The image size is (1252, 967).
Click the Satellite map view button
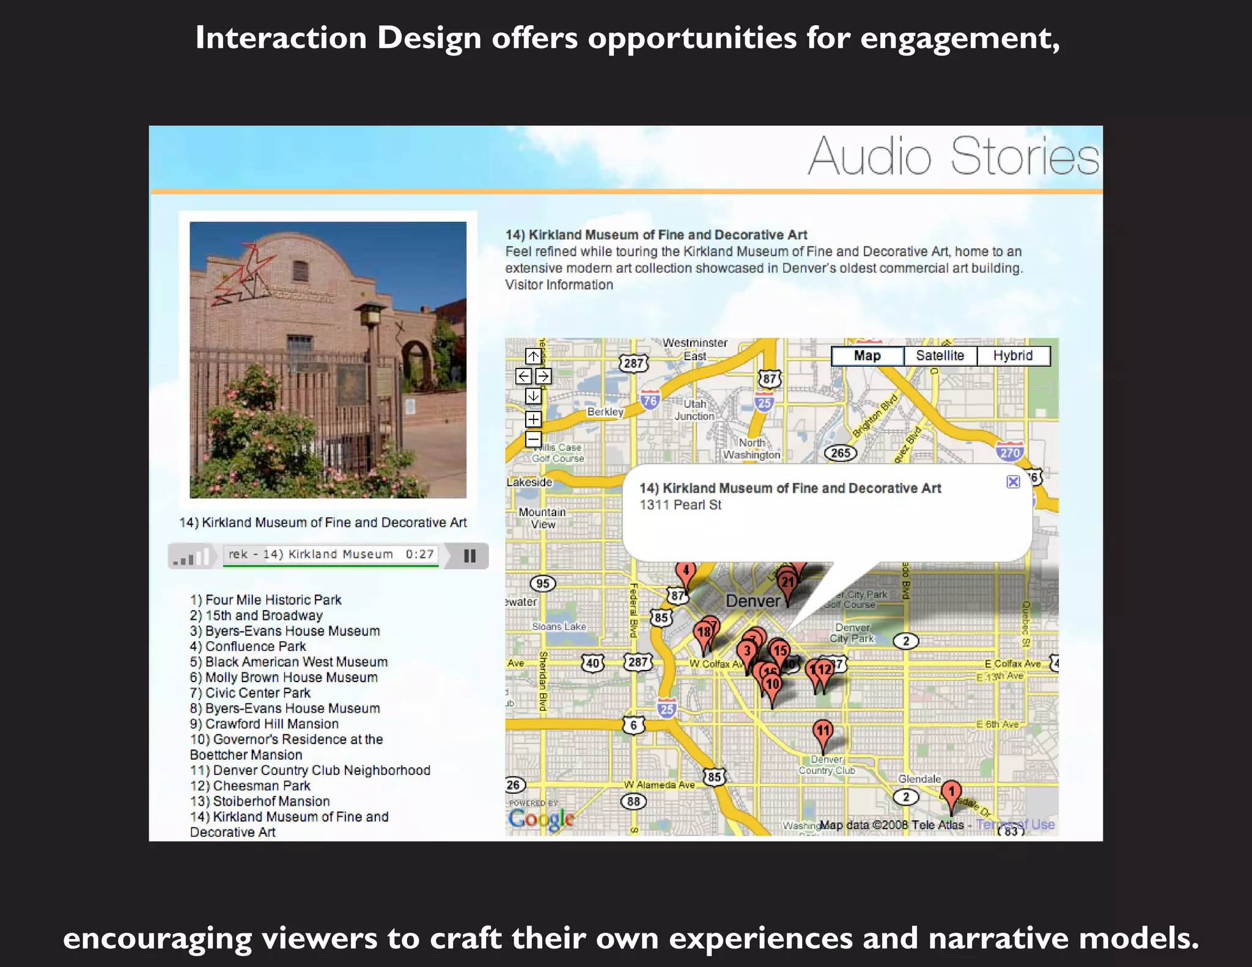[x=940, y=356]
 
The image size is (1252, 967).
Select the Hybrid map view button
[x=1013, y=356]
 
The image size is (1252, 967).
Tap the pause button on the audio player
[x=469, y=556]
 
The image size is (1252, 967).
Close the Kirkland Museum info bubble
[x=1013, y=482]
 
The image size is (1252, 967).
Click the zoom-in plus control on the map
[x=533, y=419]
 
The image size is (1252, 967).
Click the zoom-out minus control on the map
[x=533, y=439]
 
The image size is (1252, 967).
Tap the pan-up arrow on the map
[x=533, y=356]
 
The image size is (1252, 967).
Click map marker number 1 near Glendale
[x=951, y=793]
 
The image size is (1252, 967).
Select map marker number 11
[x=823, y=731]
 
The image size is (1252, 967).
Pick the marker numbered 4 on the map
[x=685, y=572]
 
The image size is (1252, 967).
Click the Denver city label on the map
[x=753, y=601]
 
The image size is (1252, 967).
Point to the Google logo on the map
[x=541, y=818]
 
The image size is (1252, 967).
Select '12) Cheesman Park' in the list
[x=250, y=785]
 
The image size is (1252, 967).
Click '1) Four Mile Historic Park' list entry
[x=265, y=600]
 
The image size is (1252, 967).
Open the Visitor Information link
[x=559, y=285]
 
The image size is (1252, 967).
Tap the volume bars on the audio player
[x=191, y=557]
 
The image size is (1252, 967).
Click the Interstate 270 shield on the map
[x=1009, y=452]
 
